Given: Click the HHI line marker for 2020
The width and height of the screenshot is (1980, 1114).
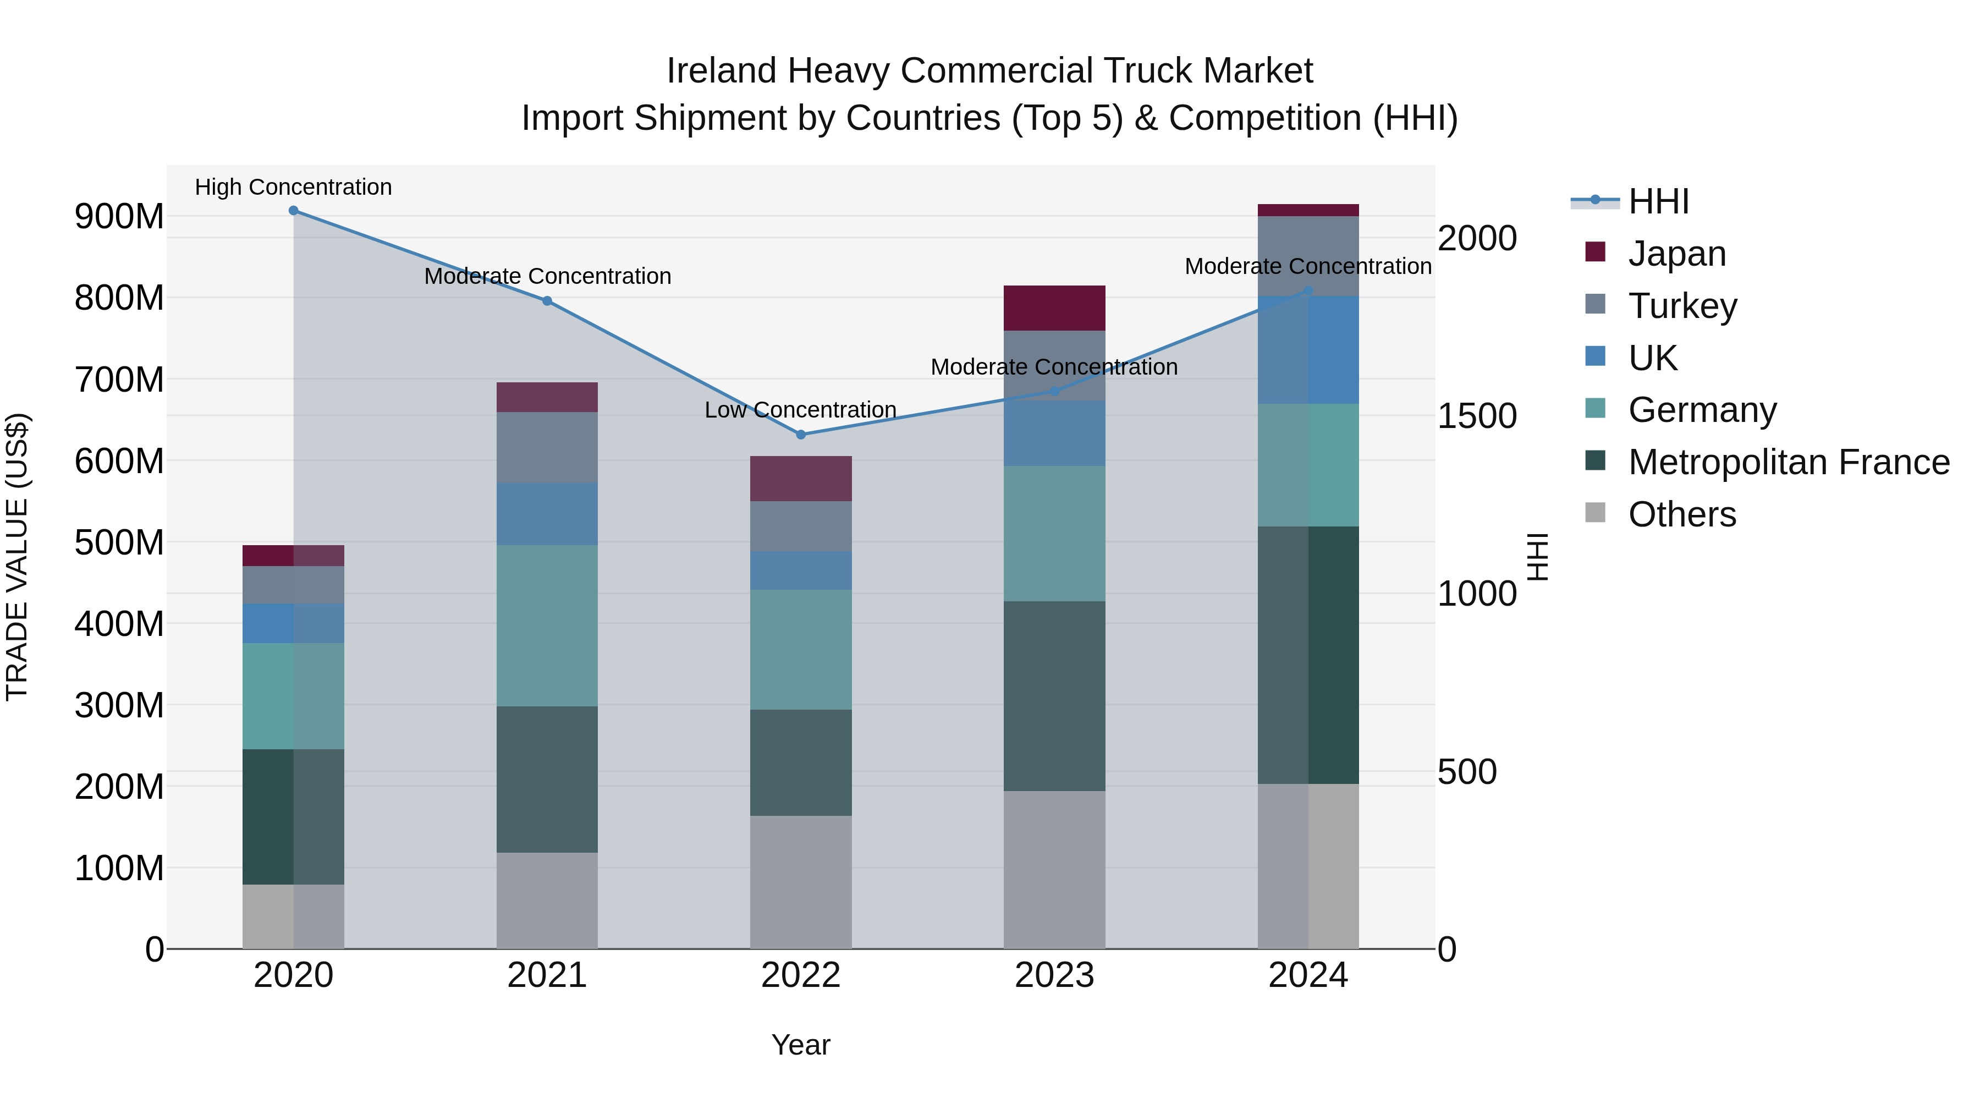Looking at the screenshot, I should pyautogui.click(x=293, y=211).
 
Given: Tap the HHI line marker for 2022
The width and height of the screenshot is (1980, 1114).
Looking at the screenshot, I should pyautogui.click(x=800, y=435).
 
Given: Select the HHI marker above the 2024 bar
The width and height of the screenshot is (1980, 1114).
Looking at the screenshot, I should pyautogui.click(x=1308, y=290).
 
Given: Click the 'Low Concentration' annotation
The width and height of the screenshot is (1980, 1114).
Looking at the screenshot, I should pyautogui.click(x=800, y=410).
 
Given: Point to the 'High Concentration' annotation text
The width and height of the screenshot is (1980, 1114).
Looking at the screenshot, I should pyautogui.click(x=293, y=187).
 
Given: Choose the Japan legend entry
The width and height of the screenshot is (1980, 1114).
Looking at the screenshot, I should pyautogui.click(x=1676, y=253).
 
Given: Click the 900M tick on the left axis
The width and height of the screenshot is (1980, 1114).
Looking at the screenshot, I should pyautogui.click(x=119, y=217).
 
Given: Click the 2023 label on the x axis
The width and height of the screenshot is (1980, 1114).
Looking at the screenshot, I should pyautogui.click(x=1054, y=975).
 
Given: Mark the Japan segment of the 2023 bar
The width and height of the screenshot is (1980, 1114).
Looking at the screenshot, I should pyautogui.click(x=1054, y=308).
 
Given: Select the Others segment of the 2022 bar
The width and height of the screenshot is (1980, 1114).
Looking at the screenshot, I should pyautogui.click(x=800, y=882).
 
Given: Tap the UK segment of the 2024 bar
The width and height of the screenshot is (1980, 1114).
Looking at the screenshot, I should pyautogui.click(x=1308, y=350).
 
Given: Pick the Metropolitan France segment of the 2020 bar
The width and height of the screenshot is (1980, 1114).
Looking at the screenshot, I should pyautogui.click(x=293, y=816).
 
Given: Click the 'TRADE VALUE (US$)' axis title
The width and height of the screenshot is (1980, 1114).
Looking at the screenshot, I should pyautogui.click(x=17, y=557).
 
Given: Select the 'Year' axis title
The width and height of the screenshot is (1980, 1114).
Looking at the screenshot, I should pyautogui.click(x=800, y=1045).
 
